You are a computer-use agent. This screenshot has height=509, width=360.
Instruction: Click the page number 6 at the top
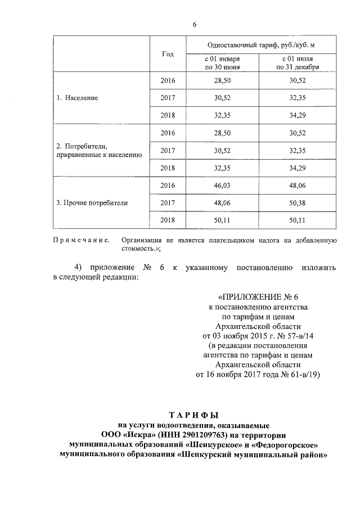(x=195, y=24)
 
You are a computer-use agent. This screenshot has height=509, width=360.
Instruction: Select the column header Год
(x=168, y=54)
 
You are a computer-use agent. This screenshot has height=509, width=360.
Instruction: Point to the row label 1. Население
(x=78, y=97)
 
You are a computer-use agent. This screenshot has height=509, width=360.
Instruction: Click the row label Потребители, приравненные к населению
(x=98, y=150)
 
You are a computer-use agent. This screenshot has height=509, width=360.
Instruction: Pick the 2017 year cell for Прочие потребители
(x=168, y=203)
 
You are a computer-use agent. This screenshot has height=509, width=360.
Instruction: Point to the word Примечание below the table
(x=81, y=240)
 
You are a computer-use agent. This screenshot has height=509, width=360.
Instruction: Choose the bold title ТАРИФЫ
(x=194, y=415)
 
